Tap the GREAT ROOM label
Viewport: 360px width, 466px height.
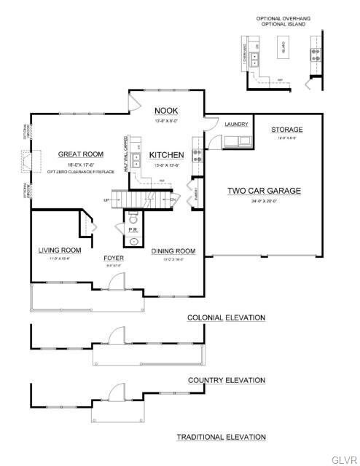click(x=80, y=154)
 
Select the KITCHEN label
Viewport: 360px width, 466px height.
click(x=167, y=155)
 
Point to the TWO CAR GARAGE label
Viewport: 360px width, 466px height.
click(x=264, y=191)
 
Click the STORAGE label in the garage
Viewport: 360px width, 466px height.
click(x=287, y=130)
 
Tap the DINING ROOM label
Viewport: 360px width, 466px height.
click(x=173, y=251)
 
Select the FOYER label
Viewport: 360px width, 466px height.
click(x=113, y=258)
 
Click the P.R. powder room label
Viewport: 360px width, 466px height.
click(x=133, y=229)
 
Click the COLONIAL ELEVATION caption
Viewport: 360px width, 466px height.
click(x=226, y=317)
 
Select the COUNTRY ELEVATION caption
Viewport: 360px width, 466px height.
click(x=226, y=380)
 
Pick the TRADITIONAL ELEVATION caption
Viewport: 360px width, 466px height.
click(x=221, y=437)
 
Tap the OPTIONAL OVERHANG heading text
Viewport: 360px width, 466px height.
click(x=280, y=17)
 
